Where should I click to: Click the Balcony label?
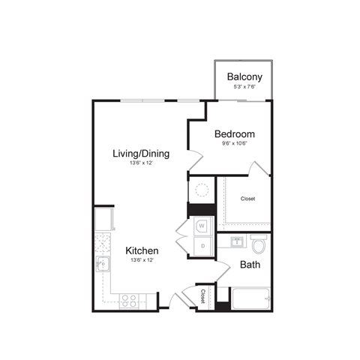click(x=244, y=76)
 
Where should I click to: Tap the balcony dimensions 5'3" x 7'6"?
click(x=244, y=87)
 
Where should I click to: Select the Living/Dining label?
click(x=141, y=154)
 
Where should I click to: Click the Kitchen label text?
click(x=141, y=250)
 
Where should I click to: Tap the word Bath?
click(x=250, y=265)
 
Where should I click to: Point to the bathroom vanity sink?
click(x=236, y=242)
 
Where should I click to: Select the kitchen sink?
click(x=101, y=263)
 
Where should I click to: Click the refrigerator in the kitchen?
click(x=103, y=219)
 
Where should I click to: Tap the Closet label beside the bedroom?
click(x=248, y=199)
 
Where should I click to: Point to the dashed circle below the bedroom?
click(x=201, y=190)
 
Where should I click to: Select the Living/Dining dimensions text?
click(x=140, y=163)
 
